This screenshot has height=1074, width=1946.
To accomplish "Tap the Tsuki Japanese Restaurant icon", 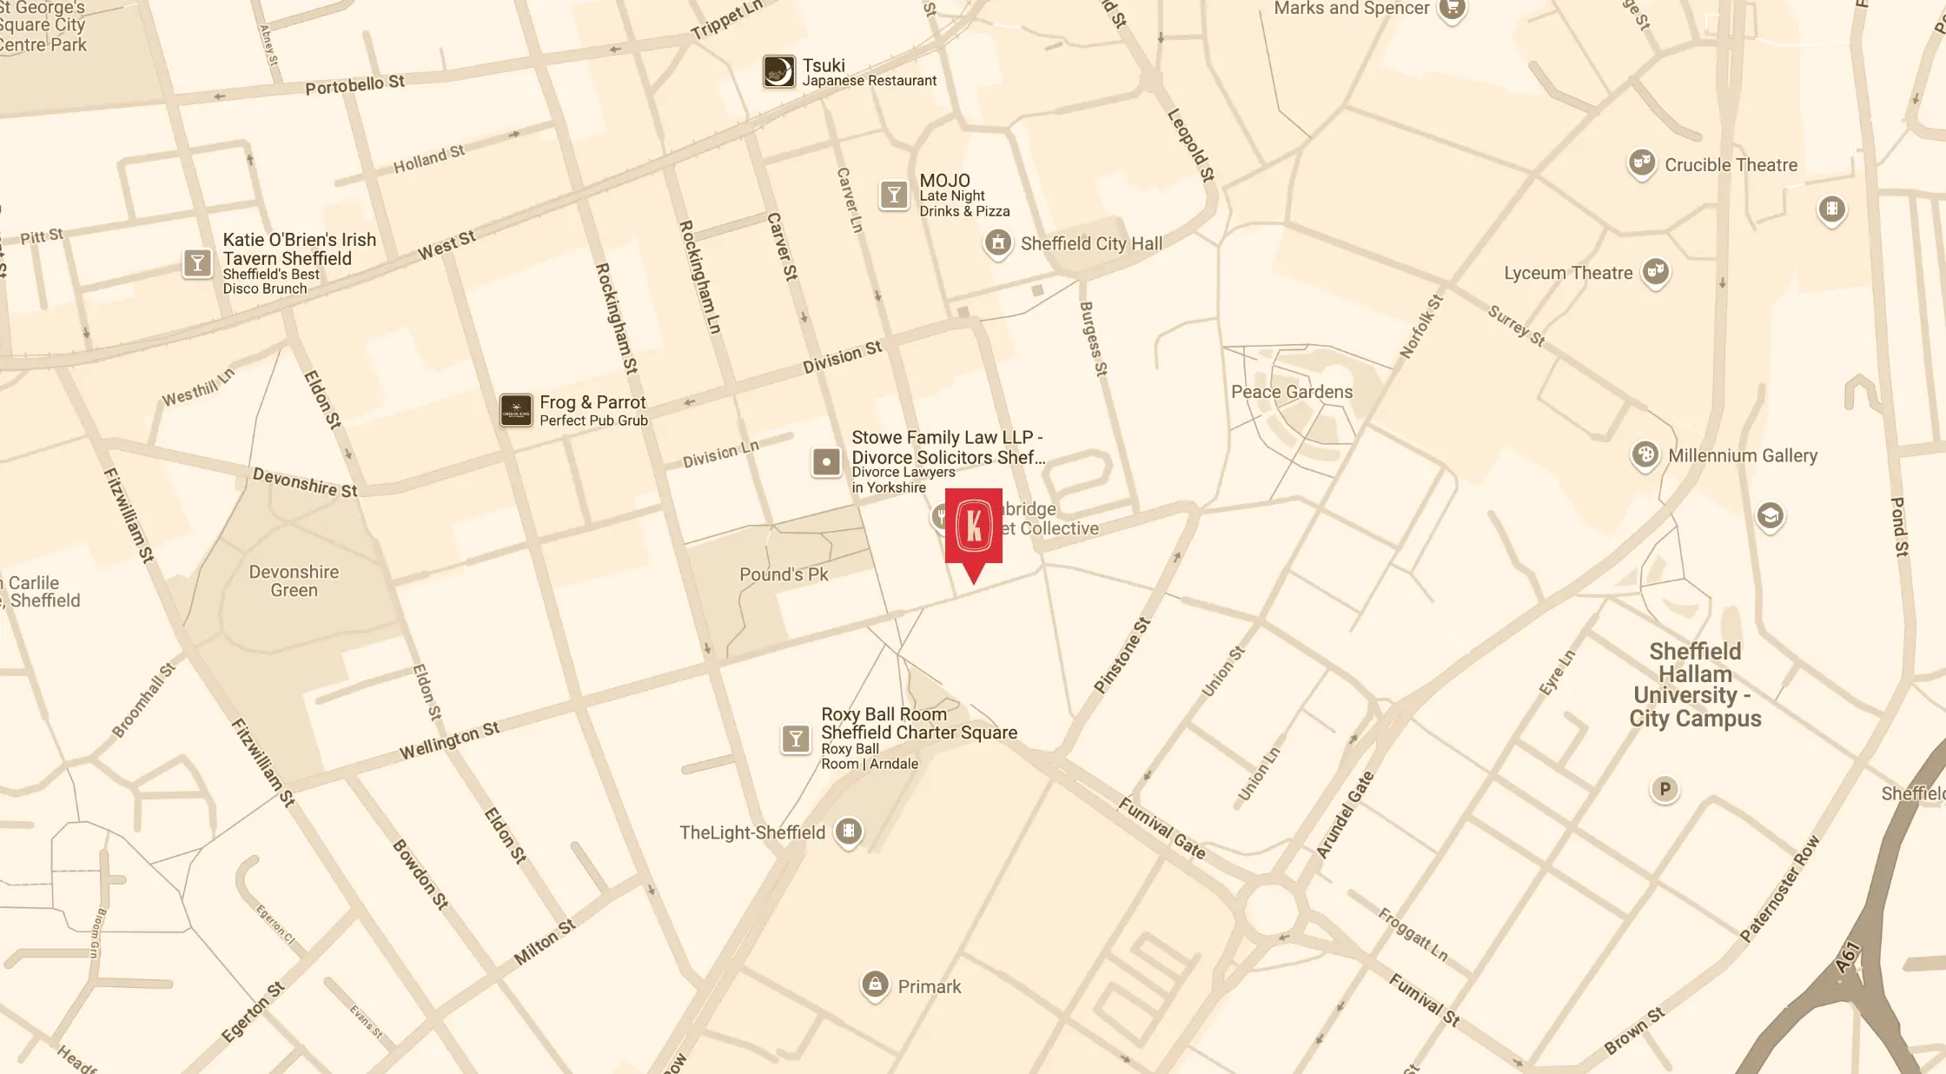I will (778, 71).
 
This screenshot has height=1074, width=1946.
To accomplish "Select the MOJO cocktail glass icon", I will (893, 195).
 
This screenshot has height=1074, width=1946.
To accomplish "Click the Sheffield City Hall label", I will (1090, 244).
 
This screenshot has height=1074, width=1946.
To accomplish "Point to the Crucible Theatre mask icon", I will (1641, 163).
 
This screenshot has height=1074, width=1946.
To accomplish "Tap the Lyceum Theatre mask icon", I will (1656, 272).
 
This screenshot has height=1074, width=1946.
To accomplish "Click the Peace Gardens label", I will (1291, 392).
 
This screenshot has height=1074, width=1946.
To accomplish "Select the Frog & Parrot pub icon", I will (516, 410).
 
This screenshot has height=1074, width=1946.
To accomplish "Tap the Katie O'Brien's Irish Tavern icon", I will (197, 262).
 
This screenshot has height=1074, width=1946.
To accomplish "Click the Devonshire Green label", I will (294, 581).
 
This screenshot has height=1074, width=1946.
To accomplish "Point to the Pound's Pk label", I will (784, 574).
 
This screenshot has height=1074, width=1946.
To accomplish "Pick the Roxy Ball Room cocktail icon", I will (795, 739).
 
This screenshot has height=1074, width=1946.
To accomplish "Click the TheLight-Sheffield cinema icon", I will (849, 832).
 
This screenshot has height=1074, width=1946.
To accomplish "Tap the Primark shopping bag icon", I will (875, 985).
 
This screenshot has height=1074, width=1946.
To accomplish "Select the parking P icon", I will (1664, 789).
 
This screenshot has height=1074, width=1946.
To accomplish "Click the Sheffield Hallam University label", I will (1694, 685).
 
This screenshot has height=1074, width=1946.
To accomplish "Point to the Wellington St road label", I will (449, 741).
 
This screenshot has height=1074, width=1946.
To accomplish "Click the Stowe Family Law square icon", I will (825, 461).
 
